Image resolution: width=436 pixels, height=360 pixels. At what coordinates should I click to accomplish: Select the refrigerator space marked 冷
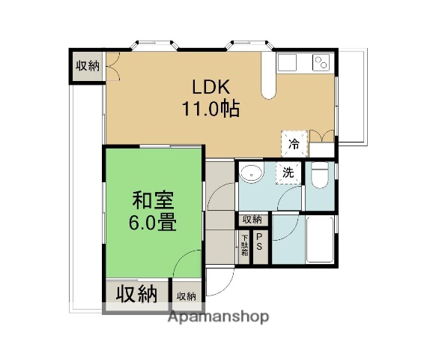tap(294, 142)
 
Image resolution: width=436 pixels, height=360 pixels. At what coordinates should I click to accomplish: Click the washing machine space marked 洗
tap(288, 172)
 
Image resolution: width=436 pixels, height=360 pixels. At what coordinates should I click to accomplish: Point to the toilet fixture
tap(319, 177)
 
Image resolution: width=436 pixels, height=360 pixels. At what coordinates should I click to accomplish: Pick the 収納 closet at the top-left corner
tap(88, 66)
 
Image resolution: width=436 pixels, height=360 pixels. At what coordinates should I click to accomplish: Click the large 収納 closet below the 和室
tap(136, 295)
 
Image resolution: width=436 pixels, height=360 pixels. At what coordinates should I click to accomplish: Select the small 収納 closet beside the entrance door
tap(186, 295)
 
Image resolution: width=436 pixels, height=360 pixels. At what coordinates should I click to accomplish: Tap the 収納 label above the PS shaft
tap(252, 220)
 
